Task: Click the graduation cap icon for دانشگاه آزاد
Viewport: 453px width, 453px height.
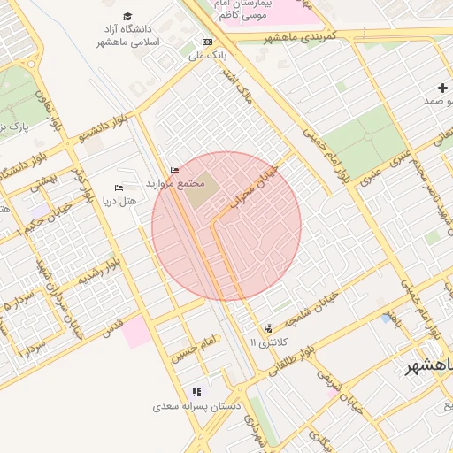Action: [127, 17]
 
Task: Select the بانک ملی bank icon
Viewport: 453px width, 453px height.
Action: [207, 42]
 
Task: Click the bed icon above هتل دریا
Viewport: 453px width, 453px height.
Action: [119, 188]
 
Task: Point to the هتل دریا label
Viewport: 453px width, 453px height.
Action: [119, 203]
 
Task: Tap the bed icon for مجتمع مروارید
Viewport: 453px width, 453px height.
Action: [173, 170]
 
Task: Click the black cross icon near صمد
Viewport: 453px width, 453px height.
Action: [442, 87]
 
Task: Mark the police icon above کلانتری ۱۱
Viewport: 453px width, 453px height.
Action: [268, 327]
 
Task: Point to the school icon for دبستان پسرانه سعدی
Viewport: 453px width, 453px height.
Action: [196, 391]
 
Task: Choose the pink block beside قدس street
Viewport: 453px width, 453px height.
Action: [136, 334]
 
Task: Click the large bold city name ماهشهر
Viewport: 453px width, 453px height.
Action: [428, 365]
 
